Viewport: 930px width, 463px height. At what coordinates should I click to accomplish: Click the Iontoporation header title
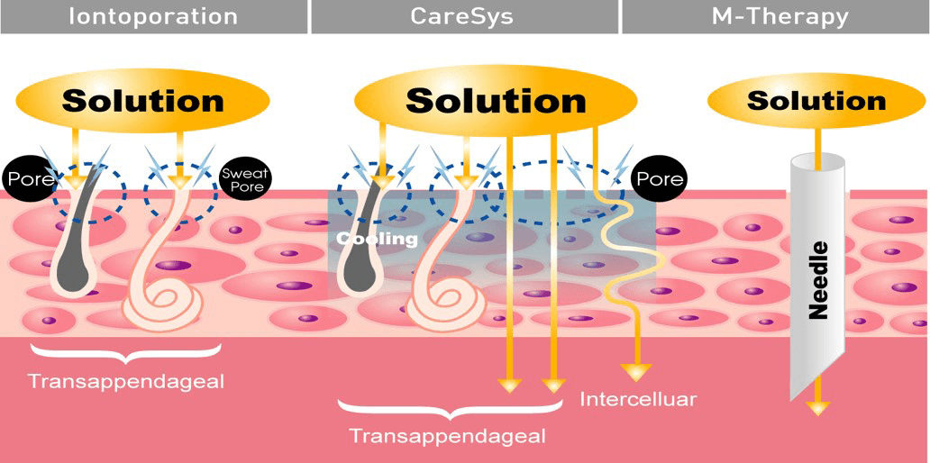pyautogui.click(x=153, y=16)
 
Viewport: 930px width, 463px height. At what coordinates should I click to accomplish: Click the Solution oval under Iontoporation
pyautogui.click(x=142, y=99)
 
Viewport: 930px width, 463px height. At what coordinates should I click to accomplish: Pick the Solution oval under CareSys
pyautogui.click(x=496, y=99)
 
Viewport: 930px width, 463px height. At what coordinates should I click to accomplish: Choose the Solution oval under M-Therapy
pyautogui.click(x=816, y=99)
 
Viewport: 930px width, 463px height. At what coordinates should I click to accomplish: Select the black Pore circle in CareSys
pyautogui.click(x=659, y=178)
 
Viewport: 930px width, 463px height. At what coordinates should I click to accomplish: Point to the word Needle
pyautogui.click(x=818, y=279)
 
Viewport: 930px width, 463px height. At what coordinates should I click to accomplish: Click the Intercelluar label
pyautogui.click(x=639, y=398)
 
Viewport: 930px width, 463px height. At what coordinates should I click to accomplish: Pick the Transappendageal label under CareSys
pyautogui.click(x=448, y=436)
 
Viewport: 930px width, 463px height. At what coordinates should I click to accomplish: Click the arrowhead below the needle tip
pyautogui.click(x=816, y=407)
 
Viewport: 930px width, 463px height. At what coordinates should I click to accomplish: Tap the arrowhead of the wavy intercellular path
pyautogui.click(x=638, y=370)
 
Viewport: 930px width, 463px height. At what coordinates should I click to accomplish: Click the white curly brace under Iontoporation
pyautogui.click(x=126, y=350)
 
